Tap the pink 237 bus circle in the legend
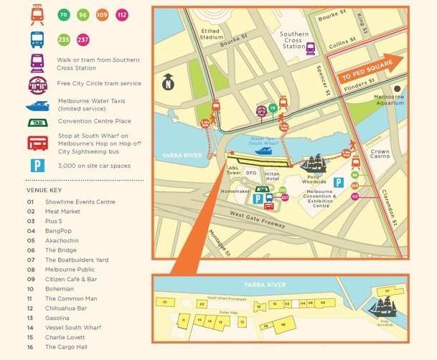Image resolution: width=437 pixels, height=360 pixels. (83, 40)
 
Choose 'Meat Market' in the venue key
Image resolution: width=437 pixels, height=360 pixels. (62, 212)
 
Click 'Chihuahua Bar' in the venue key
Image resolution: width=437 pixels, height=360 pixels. (66, 308)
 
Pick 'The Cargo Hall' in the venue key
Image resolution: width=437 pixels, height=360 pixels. (65, 347)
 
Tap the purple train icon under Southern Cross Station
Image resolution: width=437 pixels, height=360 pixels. (311, 48)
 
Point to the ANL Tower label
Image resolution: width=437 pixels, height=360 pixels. (233, 171)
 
